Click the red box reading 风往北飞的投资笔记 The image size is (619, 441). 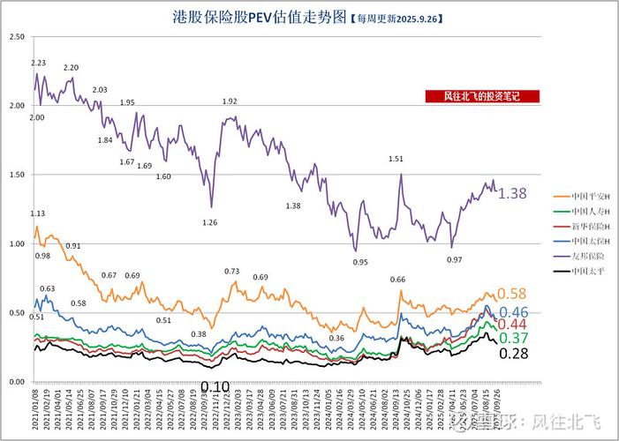click(x=481, y=97)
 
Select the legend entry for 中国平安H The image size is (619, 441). click(x=578, y=196)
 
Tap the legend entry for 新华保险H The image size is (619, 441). click(x=578, y=226)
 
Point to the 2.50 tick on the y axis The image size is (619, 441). click(x=15, y=36)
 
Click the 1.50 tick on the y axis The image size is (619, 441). click(x=15, y=175)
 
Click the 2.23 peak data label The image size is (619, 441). click(x=38, y=63)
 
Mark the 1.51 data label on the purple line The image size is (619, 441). click(x=396, y=159)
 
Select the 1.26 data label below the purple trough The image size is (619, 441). click(x=210, y=222)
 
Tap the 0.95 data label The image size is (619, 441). click(x=360, y=262)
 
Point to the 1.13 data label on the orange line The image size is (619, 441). click(x=38, y=213)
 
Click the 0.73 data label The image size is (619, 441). click(x=232, y=271)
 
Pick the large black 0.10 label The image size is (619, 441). click(x=215, y=386)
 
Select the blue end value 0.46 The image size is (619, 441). click(x=514, y=312)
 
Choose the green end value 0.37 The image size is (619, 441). click(x=514, y=339)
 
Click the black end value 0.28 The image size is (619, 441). click(x=514, y=354)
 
